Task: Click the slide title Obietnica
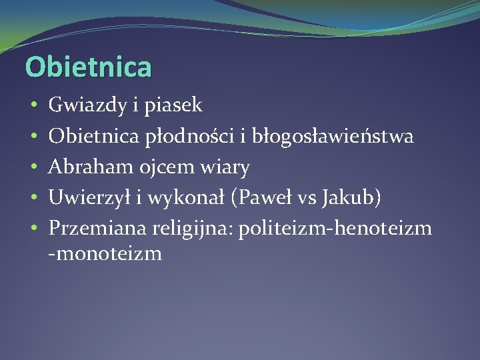tap(88, 67)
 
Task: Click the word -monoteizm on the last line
tap(105, 254)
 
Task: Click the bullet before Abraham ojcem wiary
tap(33, 168)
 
